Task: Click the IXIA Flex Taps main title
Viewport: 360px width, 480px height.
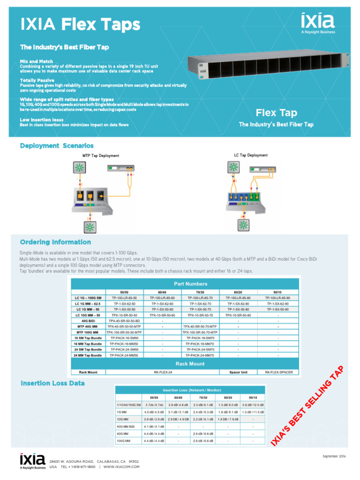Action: [80, 24]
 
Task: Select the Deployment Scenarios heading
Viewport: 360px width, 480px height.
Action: [57, 146]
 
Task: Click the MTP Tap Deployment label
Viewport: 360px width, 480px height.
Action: [101, 156]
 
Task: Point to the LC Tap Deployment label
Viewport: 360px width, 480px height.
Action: [251, 155]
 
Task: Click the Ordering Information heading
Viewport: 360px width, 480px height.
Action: [55, 242]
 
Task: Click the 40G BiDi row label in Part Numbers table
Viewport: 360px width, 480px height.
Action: [88, 321]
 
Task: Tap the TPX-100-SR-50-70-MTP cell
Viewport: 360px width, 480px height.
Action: [200, 332]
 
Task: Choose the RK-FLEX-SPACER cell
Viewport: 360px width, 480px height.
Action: [278, 372]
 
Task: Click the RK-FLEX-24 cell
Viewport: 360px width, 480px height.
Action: [163, 372]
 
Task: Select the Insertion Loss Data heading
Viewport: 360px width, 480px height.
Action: [52, 383]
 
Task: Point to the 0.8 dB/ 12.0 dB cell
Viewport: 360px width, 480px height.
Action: [253, 405]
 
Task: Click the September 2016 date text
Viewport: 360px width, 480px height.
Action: [334, 456]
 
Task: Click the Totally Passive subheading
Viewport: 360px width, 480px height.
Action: [37, 80]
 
